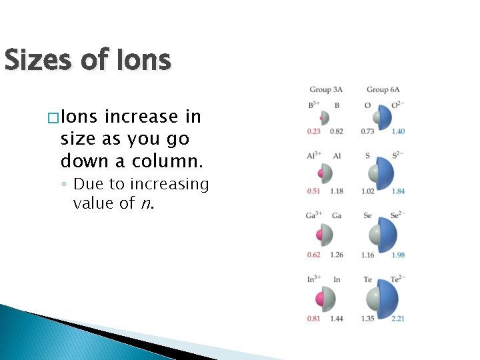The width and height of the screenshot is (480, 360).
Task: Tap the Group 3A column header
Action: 326,90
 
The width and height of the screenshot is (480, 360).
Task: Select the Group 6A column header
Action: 383,90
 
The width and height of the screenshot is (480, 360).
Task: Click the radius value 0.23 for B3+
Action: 314,131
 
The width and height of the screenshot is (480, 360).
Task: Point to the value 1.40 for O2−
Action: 398,131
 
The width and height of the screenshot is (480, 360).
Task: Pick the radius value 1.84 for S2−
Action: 398,191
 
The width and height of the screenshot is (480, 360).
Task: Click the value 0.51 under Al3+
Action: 314,191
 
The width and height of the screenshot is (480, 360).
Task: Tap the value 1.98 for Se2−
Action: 398,255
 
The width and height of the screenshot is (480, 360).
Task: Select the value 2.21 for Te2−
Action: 398,319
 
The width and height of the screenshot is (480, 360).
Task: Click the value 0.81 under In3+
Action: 314,319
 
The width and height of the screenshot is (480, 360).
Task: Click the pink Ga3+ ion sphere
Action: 320,235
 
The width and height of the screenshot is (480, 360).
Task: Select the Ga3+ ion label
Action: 315,216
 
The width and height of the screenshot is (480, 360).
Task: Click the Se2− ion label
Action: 397,216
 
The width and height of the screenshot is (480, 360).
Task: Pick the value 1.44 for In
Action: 336,319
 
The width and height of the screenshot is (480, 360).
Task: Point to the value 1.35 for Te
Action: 368,319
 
